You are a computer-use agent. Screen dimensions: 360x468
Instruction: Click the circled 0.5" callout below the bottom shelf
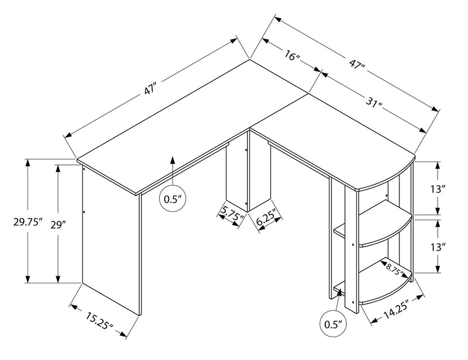[x=332, y=323]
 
